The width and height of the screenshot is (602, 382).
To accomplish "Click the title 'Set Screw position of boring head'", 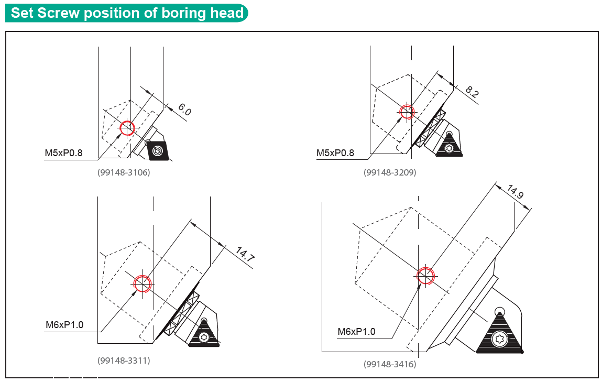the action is pyautogui.click(x=127, y=13).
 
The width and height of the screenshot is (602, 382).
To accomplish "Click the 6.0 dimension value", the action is pyautogui.click(x=184, y=110).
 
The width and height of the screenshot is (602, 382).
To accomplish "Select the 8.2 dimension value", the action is pyautogui.click(x=472, y=92).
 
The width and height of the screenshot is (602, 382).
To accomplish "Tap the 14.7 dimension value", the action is pyautogui.click(x=245, y=254).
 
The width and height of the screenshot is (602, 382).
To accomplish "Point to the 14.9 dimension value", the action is pyautogui.click(x=515, y=192).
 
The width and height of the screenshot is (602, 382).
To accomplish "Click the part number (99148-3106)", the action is pyautogui.click(x=124, y=172).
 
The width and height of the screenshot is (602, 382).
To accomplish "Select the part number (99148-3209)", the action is pyautogui.click(x=390, y=172).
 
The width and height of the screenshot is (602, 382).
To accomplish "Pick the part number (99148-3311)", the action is pyautogui.click(x=124, y=361).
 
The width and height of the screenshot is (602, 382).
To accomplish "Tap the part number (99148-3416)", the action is pyautogui.click(x=390, y=364).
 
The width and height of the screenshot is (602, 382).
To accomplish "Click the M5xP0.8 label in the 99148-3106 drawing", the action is pyautogui.click(x=64, y=153).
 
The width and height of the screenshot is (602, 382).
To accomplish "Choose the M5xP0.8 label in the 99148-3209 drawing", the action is pyautogui.click(x=335, y=153).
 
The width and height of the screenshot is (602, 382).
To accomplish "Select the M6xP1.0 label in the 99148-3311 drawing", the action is pyautogui.click(x=64, y=325).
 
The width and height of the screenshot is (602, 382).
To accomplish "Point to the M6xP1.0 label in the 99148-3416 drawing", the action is pyautogui.click(x=356, y=332).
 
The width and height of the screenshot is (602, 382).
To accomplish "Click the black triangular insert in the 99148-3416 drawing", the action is pyautogui.click(x=499, y=333).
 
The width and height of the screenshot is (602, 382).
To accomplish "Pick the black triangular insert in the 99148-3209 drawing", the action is pyautogui.click(x=450, y=145).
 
